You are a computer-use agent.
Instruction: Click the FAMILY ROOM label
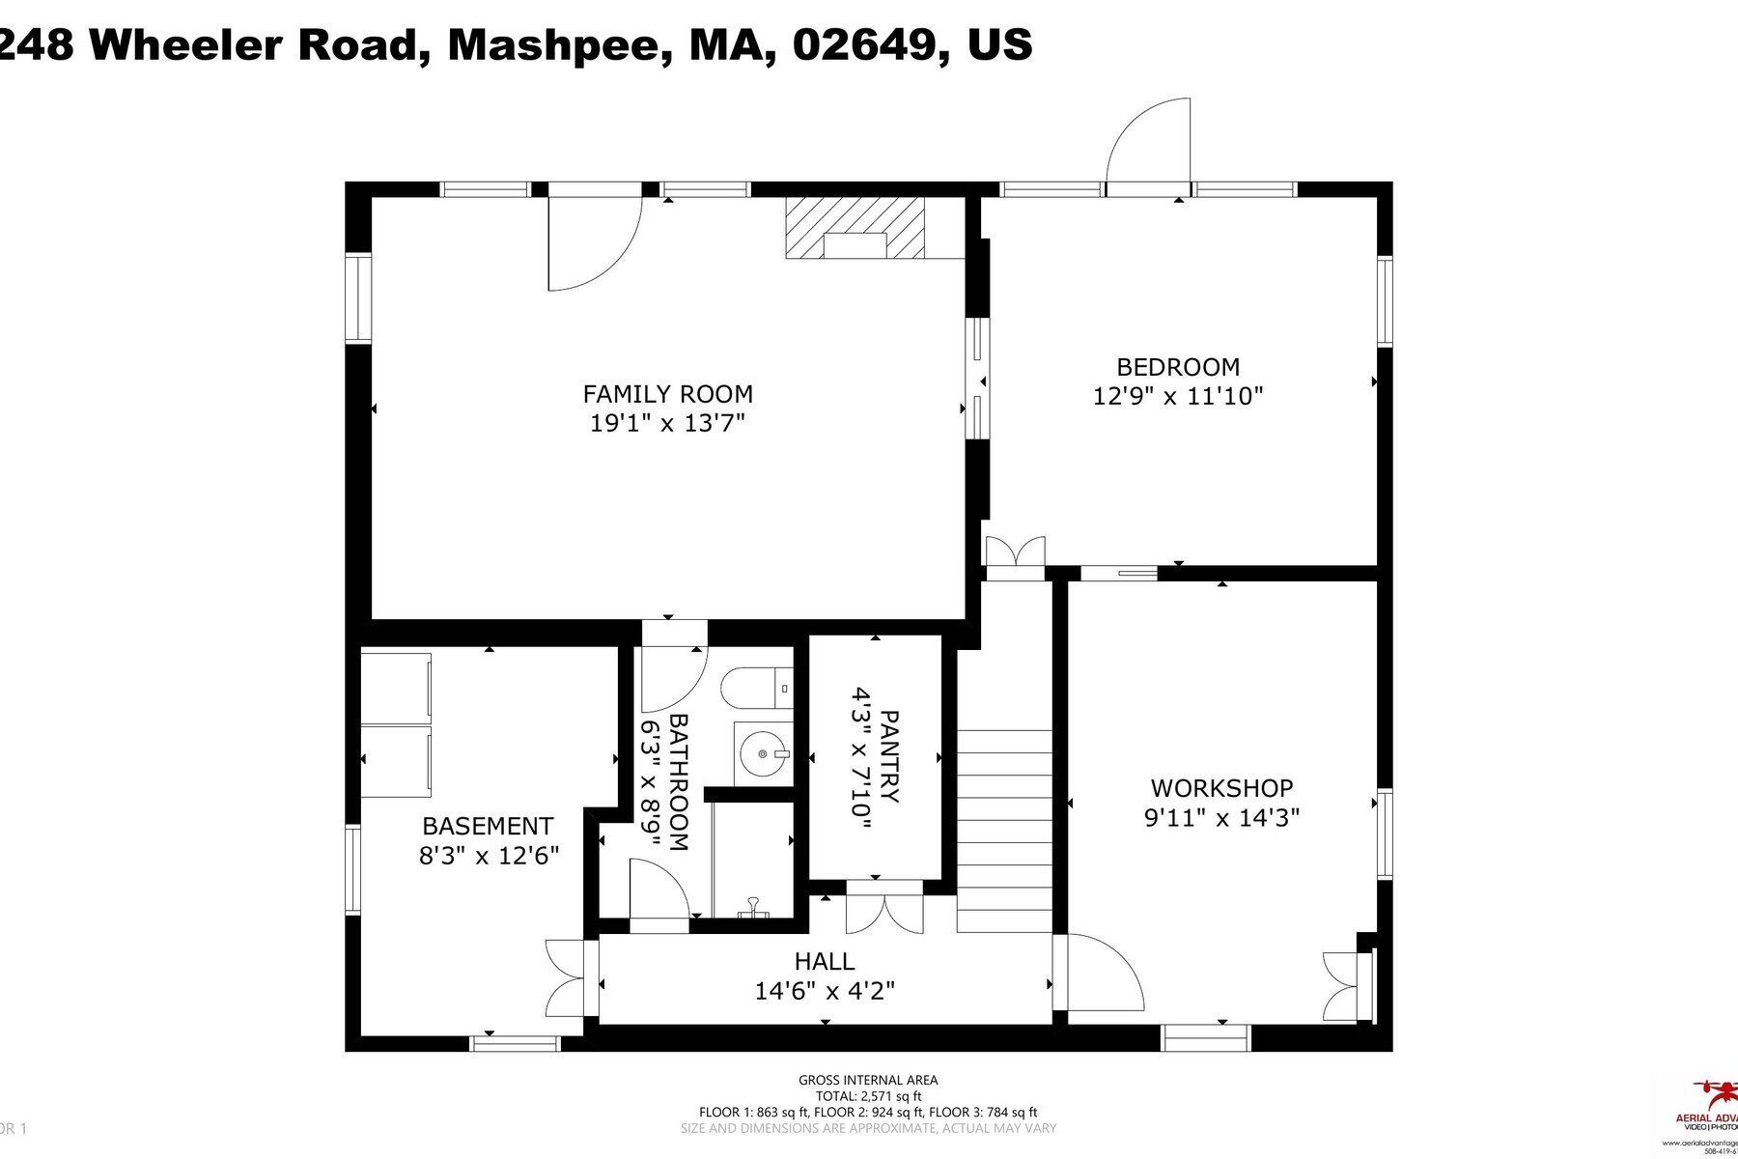tap(667, 394)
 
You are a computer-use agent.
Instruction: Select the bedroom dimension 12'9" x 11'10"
tap(1178, 396)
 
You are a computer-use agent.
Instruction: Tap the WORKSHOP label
tap(1221, 788)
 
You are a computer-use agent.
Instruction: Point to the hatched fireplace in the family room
tap(855, 228)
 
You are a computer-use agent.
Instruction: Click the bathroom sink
tap(763, 752)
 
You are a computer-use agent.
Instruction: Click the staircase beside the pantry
tap(1004, 831)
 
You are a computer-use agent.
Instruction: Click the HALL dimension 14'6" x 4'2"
tap(825, 991)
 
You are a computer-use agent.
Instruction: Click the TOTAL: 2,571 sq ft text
tap(868, 1096)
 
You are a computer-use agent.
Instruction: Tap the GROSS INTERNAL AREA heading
tap(868, 1081)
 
